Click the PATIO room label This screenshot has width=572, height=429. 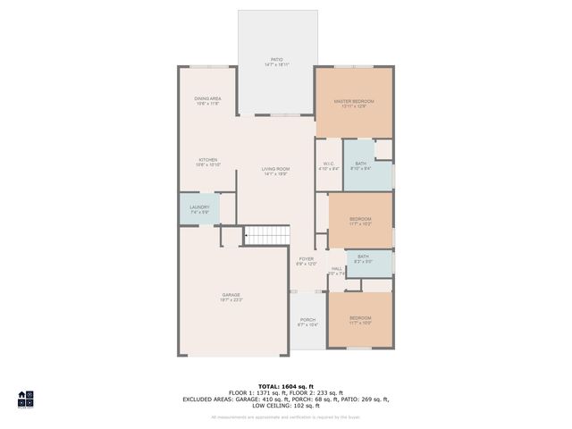point(275,63)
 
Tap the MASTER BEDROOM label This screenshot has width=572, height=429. point(354,104)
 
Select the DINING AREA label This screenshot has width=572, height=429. point(208,101)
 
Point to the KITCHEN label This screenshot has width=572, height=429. point(208,163)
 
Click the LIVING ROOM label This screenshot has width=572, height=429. point(275,171)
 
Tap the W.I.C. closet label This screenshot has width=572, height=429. point(329,166)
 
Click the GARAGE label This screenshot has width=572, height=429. point(231,297)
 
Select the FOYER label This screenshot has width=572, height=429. point(307,261)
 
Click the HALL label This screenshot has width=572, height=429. point(337,271)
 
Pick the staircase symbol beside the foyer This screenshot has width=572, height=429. point(268,235)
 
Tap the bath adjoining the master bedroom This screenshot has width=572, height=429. point(360,166)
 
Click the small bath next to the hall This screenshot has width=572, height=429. point(363,259)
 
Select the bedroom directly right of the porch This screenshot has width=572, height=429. point(360,320)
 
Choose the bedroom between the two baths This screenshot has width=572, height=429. point(360,221)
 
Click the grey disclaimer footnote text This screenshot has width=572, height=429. point(285,416)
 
